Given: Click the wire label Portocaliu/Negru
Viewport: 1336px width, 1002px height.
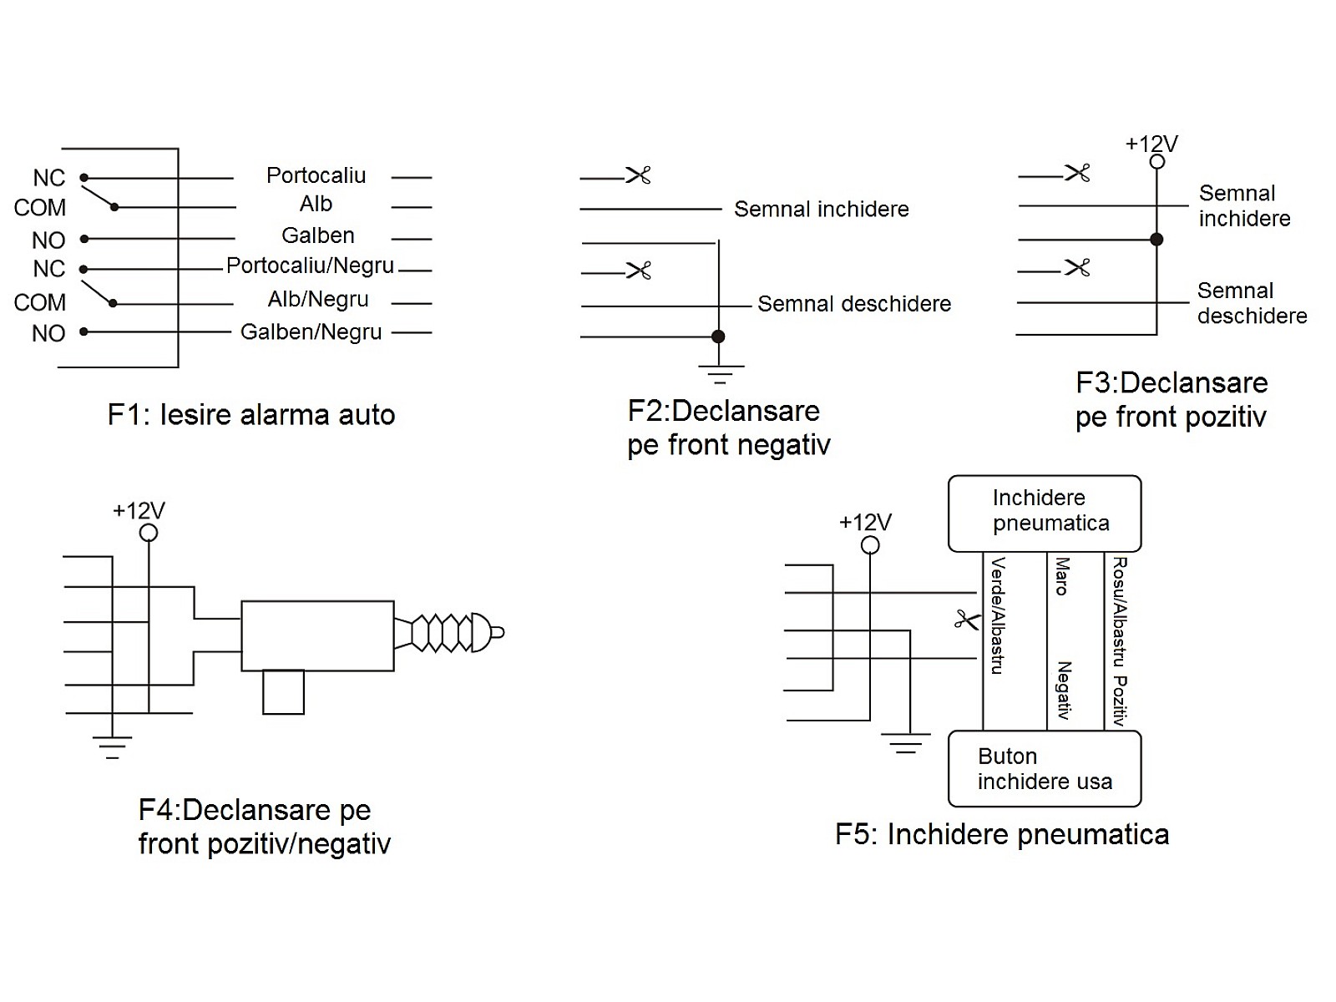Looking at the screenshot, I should [310, 266].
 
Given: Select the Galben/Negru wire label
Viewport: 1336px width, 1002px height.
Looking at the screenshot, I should [311, 332].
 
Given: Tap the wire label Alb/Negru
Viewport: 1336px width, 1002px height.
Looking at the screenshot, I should [317, 299].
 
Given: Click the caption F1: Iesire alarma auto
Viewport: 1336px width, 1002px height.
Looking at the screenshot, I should [250, 415].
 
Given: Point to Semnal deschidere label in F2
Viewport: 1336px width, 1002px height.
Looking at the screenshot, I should [853, 304].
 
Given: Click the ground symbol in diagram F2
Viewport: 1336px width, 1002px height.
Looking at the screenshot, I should [719, 372].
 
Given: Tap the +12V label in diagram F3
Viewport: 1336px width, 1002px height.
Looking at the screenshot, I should [1151, 144].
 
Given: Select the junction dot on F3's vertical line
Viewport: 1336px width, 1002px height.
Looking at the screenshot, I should [1156, 240].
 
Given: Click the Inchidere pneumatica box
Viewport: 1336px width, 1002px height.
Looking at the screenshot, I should [1045, 513].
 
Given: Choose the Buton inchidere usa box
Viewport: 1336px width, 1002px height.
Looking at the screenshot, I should [1045, 769].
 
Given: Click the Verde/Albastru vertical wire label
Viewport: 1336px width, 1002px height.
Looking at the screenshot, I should [997, 616].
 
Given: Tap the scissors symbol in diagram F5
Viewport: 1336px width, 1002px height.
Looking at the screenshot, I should [966, 620].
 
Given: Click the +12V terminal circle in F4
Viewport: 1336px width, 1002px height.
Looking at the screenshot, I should [149, 533].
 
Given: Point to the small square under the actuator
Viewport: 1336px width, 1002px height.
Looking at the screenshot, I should [283, 692].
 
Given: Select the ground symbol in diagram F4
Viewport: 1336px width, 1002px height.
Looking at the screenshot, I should [112, 746].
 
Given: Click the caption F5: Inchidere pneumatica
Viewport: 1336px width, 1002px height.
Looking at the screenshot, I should [1001, 834].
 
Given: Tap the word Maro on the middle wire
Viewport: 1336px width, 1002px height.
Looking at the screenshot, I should [1062, 576].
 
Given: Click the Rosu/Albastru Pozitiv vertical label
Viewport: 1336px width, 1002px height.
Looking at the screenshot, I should [1120, 641].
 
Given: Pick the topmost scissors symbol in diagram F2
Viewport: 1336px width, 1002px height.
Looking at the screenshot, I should [638, 175].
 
